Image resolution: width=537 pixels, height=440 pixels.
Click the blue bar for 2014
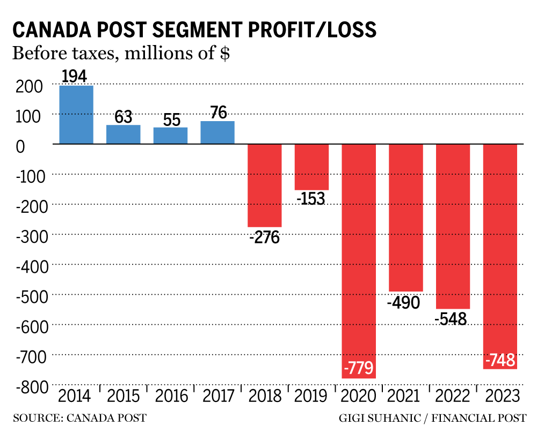[x=76, y=115]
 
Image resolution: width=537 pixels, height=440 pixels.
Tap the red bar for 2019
[x=311, y=167]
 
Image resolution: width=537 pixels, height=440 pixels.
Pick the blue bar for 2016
[x=170, y=136]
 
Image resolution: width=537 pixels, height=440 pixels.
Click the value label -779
[x=358, y=369]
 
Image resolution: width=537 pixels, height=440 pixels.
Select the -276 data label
[x=264, y=237]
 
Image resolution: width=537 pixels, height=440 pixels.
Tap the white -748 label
[x=500, y=361]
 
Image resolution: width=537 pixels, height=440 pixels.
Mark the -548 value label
[x=451, y=318]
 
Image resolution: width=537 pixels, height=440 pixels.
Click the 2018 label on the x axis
[x=265, y=397]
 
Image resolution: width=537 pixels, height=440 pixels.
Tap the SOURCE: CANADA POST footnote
[x=79, y=418]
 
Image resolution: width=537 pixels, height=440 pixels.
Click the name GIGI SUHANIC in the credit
[x=373, y=418]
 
